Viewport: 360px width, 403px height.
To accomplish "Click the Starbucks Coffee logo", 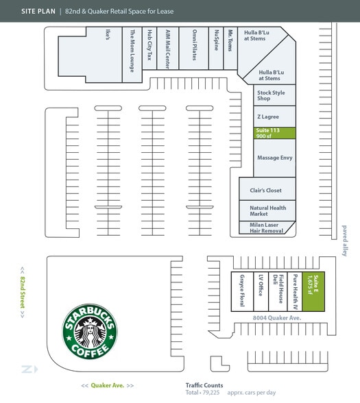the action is (x=90, y=331).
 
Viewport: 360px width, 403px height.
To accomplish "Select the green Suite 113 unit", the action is (x=274, y=133).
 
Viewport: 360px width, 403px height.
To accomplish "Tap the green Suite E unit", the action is (x=313, y=291).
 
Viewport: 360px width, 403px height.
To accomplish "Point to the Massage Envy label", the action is (x=274, y=158).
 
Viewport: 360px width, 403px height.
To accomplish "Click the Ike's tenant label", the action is (x=108, y=34).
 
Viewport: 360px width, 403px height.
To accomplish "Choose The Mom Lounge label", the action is (x=132, y=51).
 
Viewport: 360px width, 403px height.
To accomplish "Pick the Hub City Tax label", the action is (x=149, y=45).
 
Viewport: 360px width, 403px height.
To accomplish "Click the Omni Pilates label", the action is (x=195, y=45).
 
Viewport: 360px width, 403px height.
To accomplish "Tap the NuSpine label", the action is (x=217, y=40).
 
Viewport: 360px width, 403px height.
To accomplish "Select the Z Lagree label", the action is (x=268, y=117).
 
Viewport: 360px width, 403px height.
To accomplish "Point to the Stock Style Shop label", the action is (x=271, y=95).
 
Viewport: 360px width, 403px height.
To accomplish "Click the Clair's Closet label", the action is (x=265, y=191).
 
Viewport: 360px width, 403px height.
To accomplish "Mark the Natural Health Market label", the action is (x=268, y=211).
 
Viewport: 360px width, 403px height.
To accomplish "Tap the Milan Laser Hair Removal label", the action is (x=266, y=228).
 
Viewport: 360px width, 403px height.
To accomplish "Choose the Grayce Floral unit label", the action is (x=242, y=291).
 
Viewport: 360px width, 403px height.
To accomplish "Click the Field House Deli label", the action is (x=278, y=289).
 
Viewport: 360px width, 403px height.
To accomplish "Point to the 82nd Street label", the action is (x=23, y=293).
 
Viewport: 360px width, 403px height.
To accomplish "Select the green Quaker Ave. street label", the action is (x=108, y=385).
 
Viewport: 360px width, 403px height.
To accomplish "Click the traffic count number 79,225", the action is (x=211, y=393).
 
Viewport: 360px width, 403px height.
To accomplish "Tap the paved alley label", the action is (x=344, y=241).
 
